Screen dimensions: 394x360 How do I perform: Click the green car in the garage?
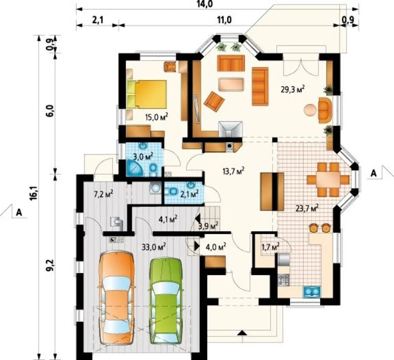[166, 301]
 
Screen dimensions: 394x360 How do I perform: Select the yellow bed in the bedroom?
[147, 94]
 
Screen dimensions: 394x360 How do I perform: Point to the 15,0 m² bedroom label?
[156, 117]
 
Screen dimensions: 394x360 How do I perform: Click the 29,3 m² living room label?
[293, 89]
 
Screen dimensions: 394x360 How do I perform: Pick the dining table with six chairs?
[328, 179]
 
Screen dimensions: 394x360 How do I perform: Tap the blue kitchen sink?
[312, 292]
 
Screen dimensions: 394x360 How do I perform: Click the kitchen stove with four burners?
[284, 280]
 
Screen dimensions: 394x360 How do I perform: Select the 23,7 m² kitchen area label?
[307, 209]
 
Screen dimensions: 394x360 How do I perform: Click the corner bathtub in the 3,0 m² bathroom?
[134, 168]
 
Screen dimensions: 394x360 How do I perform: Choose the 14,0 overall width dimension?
[206, 4]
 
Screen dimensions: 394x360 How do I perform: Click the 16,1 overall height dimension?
[33, 193]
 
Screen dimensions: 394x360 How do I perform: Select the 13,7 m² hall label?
[234, 171]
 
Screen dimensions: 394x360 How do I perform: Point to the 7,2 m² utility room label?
[103, 194]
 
